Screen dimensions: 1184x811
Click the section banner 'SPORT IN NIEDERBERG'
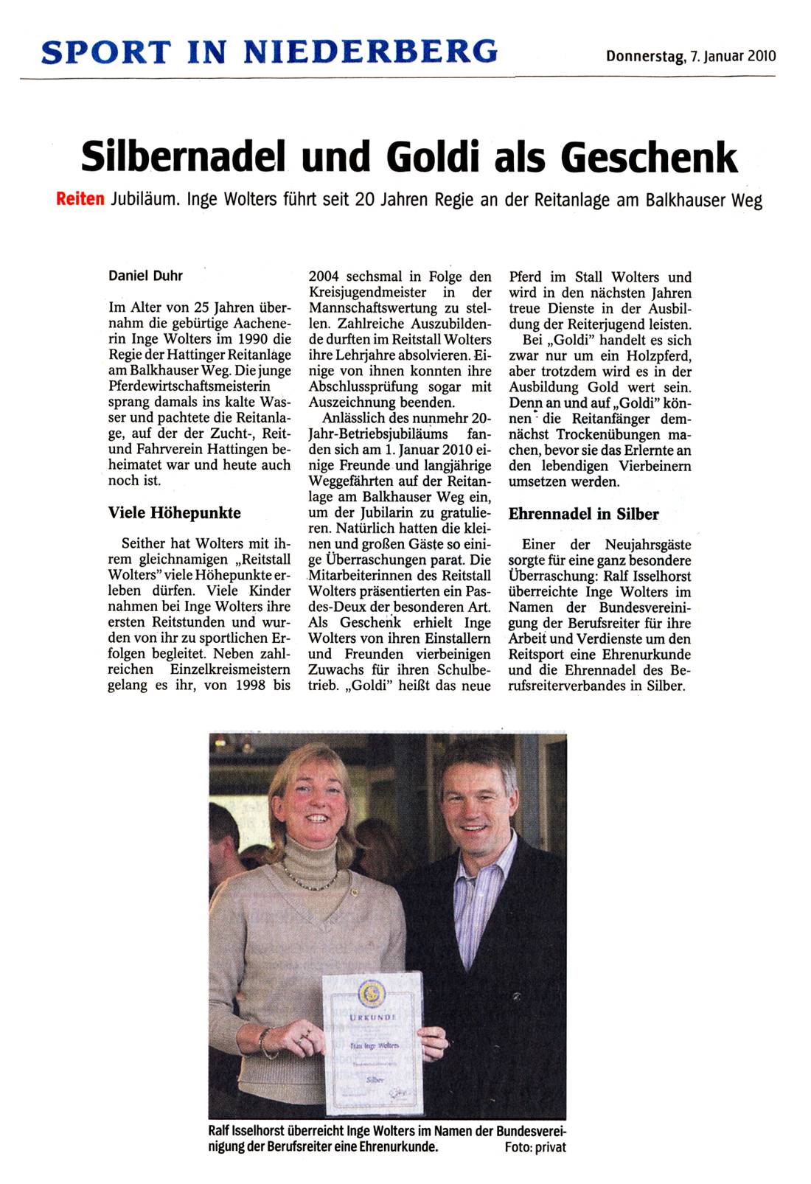tap(270, 52)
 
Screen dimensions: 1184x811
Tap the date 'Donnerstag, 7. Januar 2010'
tap(690, 56)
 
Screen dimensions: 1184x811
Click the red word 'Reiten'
tap(80, 200)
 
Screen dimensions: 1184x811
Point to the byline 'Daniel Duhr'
tap(145, 276)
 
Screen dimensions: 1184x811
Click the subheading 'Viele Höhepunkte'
tap(174, 512)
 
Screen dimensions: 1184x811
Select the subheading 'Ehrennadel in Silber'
tap(583, 514)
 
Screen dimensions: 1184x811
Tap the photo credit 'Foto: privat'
tap(535, 1147)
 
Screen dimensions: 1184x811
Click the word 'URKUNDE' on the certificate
tap(372, 1017)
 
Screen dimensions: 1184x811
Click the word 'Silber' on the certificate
tap(375, 1079)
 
